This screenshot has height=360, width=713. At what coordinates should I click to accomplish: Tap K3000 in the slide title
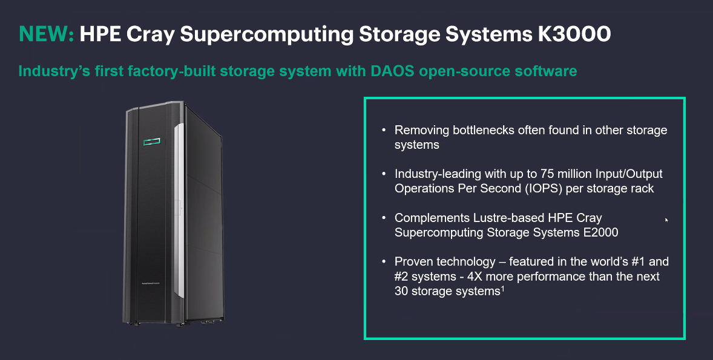click(574, 34)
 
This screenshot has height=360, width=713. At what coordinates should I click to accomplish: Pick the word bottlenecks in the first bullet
click(476, 130)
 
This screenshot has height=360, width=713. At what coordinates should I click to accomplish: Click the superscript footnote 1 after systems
click(503, 289)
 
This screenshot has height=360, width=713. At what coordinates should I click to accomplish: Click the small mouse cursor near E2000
click(666, 220)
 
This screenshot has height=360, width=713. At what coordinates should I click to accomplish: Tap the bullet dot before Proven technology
click(383, 262)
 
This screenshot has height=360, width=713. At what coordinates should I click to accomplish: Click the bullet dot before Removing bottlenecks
click(383, 130)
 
